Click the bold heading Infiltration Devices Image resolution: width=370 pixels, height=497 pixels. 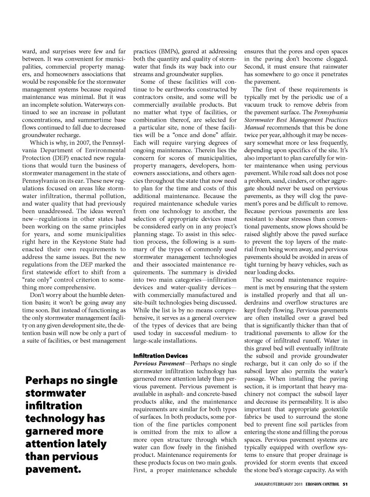(160, 356)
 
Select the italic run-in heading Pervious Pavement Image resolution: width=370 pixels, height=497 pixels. (159, 364)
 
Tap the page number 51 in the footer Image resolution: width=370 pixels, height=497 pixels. (345, 485)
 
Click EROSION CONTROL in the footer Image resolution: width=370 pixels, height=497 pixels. (323, 485)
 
